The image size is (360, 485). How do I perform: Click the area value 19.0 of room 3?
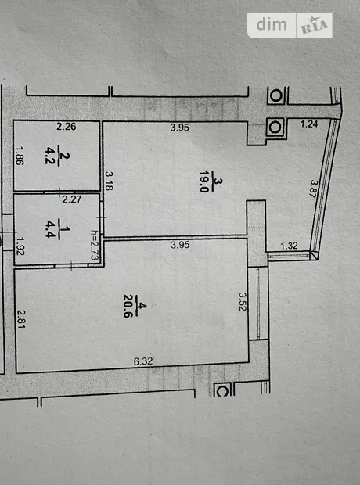coord(204,181)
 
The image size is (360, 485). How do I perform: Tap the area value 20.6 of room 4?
coord(128,306)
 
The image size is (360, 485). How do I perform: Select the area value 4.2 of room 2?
coord(50,156)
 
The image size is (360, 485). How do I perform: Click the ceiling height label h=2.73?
coord(95,245)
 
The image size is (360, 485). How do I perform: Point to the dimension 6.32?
coord(143,361)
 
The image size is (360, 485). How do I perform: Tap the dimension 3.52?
coord(243,301)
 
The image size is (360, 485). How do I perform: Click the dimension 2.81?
coord(21,319)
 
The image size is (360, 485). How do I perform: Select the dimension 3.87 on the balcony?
coord(315,189)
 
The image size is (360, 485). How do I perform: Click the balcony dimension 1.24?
coord(309,124)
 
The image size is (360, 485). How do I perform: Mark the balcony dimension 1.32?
coord(289,246)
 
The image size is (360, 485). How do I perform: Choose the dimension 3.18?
coord(109,181)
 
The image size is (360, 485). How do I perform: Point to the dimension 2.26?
coord(67,127)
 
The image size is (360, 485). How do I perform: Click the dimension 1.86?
coord(20,156)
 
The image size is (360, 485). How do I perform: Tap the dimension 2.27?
coord(72,199)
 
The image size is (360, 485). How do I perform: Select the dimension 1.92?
coord(20,246)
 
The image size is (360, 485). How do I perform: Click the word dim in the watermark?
coord(272,24)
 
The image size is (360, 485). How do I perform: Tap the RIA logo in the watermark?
coord(314,25)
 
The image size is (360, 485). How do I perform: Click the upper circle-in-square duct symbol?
coord(275,95)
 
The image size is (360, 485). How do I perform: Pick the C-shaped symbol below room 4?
coord(222,390)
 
